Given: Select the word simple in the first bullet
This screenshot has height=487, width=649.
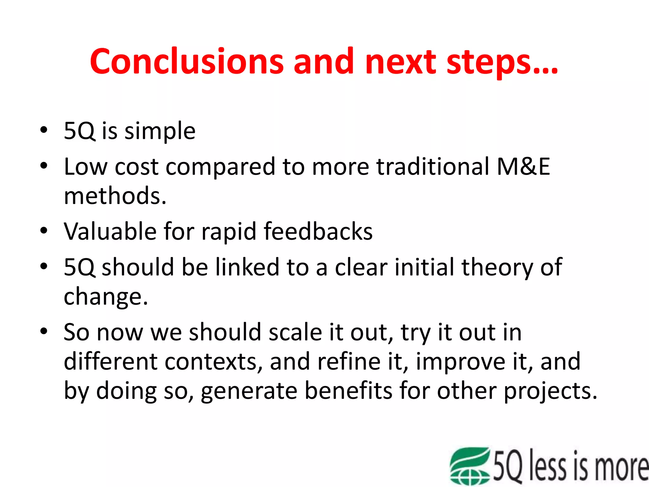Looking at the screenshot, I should [x=160, y=131].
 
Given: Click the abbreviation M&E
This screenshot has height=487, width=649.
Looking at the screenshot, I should [x=523, y=166].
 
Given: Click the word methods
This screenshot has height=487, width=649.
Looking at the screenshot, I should [x=115, y=196].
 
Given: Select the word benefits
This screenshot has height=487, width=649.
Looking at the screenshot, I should [x=348, y=391].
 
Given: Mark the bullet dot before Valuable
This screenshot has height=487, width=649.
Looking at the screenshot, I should [x=44, y=231].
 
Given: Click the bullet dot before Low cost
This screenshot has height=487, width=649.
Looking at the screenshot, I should [x=44, y=166].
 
